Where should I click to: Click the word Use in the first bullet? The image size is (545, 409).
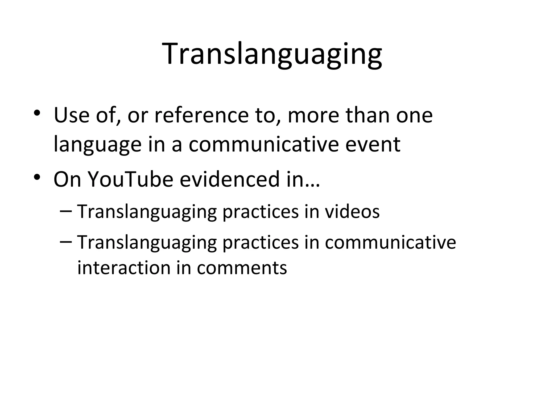pos(71,115)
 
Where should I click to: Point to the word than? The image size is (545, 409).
pos(368,115)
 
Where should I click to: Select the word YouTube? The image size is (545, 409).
pos(130,179)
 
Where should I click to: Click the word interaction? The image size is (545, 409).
pos(124,268)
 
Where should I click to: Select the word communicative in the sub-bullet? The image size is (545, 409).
pos(390,242)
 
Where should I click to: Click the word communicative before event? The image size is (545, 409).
pos(263,144)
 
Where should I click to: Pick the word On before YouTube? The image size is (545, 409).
pos(67,179)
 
